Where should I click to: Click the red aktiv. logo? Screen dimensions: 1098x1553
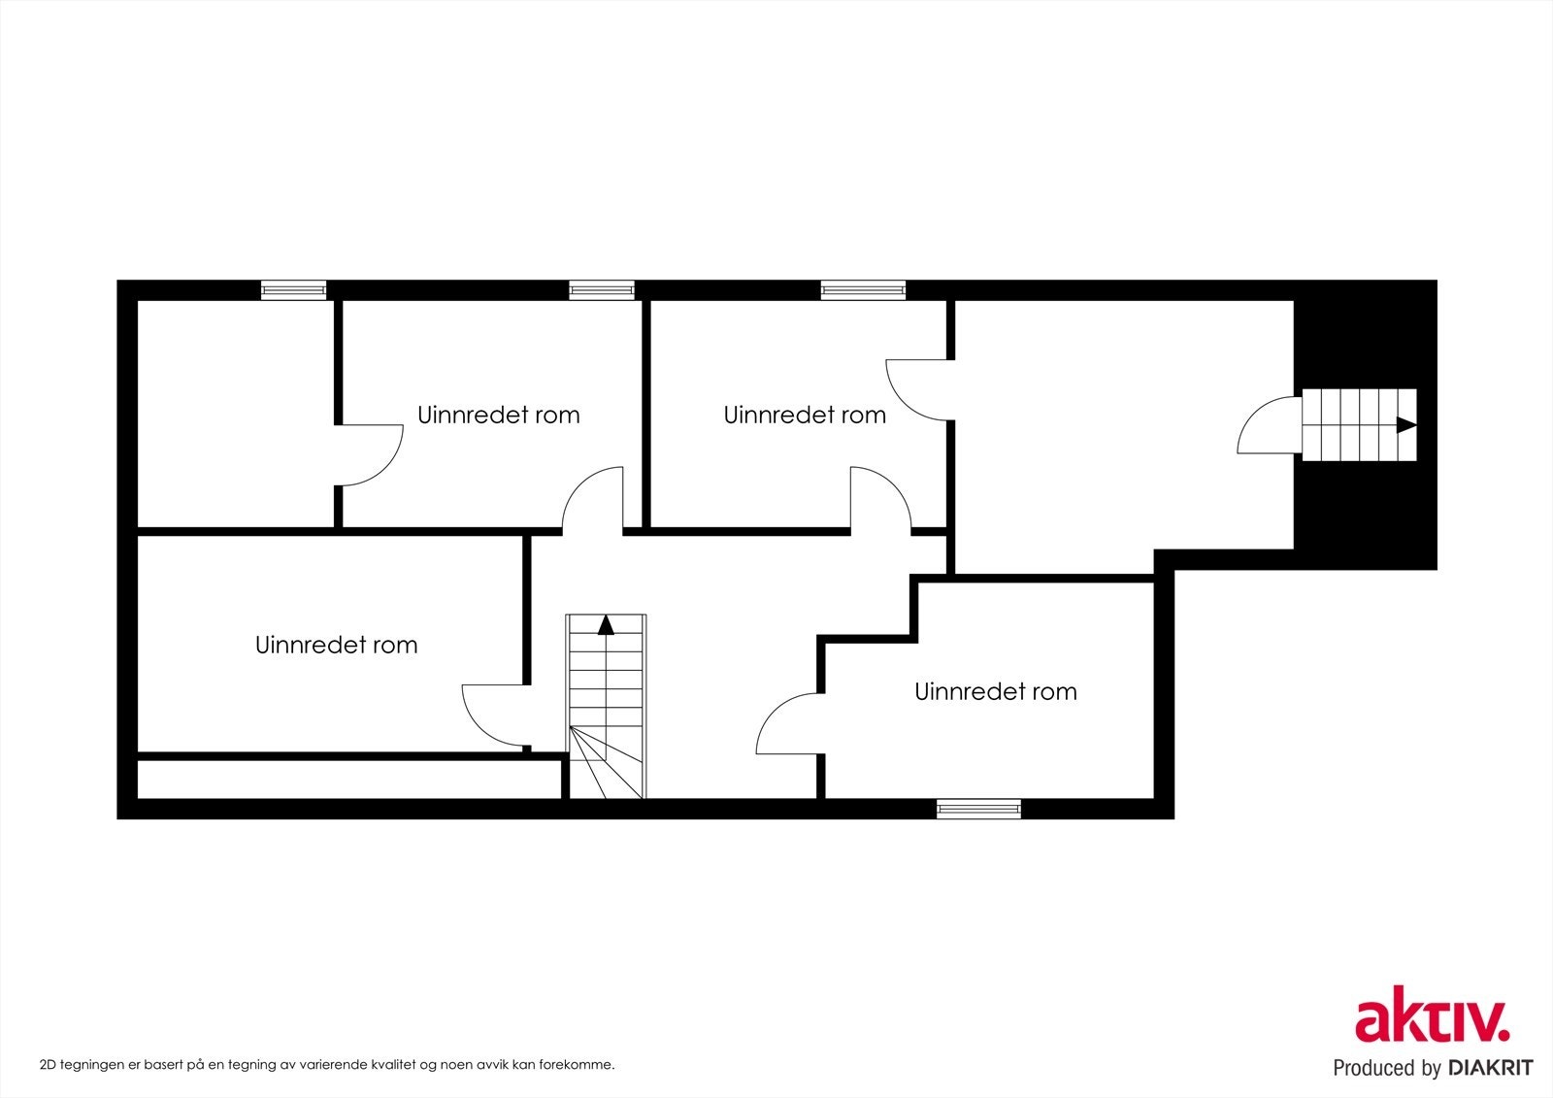[1432, 1015]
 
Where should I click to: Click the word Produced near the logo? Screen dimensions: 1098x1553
[1372, 1068]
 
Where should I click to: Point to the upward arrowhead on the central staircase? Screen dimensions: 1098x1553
[606, 624]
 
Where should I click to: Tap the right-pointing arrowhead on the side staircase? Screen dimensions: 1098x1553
[1405, 424]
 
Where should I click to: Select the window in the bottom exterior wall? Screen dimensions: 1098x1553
[978, 808]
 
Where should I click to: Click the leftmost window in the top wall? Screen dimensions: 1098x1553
[293, 289]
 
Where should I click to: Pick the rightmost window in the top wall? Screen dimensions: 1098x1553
[863, 289]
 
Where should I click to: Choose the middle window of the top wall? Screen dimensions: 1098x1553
[602, 289]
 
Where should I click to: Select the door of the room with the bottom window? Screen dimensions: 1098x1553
[789, 724]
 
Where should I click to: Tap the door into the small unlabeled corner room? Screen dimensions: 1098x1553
[370, 454]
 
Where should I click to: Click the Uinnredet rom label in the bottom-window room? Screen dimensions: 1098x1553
[996, 692]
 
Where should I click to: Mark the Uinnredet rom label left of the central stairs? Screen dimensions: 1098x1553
[336, 646]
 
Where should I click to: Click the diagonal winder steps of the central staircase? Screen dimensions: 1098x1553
[604, 763]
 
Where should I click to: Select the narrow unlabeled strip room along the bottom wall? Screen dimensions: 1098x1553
[348, 779]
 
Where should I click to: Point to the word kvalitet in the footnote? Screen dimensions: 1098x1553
[408, 1065]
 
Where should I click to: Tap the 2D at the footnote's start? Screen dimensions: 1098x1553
[48, 1065]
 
